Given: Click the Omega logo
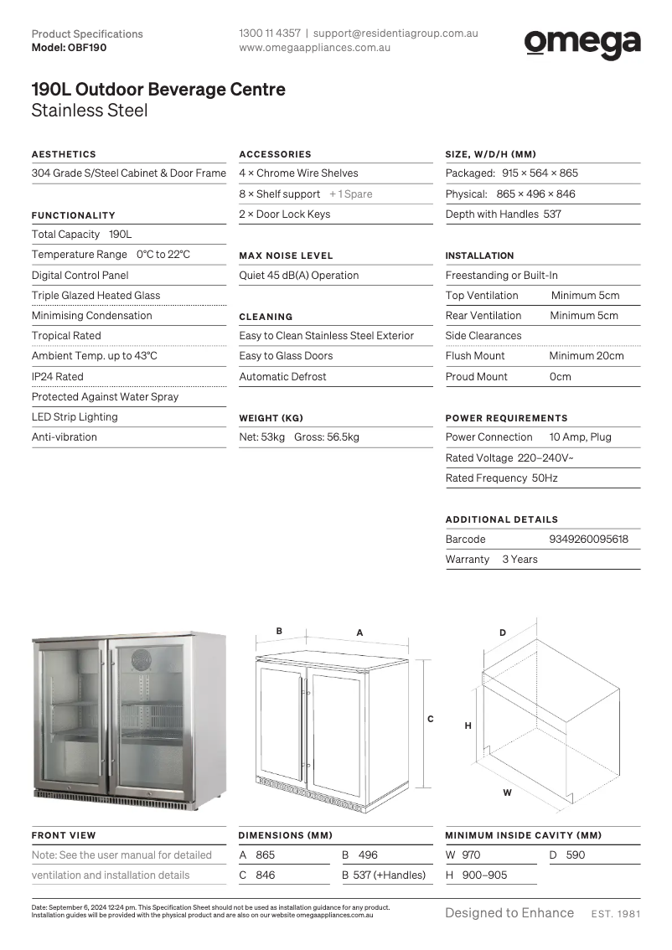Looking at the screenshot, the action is [x=582, y=43].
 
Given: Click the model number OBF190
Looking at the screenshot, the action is [x=87, y=48].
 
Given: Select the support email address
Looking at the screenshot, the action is [x=395, y=34].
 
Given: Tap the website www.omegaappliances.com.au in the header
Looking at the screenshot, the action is [x=315, y=48].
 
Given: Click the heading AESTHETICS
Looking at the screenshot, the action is [x=64, y=154].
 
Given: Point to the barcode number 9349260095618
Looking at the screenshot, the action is [x=588, y=540].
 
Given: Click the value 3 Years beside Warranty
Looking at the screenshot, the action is [x=520, y=560].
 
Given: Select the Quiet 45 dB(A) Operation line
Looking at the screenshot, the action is [x=299, y=276].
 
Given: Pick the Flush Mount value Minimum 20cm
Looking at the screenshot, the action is [x=586, y=356].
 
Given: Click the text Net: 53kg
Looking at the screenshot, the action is [x=262, y=437].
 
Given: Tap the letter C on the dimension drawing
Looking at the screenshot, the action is [x=431, y=719].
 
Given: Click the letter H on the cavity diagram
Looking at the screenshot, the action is [x=468, y=726].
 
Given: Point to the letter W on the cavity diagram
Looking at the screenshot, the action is [x=507, y=792].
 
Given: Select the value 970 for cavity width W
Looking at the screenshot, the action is [x=471, y=855].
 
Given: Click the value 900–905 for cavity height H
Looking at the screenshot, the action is [x=484, y=875].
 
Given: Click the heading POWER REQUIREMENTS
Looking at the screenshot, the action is [x=506, y=418].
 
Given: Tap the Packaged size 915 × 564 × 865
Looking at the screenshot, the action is [x=540, y=173].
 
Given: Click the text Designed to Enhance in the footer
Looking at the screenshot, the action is [x=509, y=913].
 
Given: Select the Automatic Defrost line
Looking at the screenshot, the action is [x=283, y=377].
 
